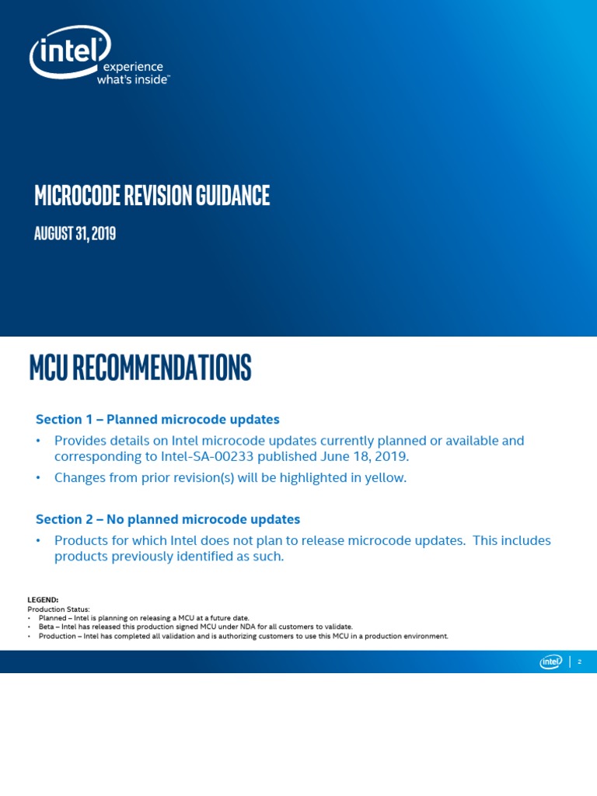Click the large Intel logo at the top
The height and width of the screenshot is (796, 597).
click(x=70, y=52)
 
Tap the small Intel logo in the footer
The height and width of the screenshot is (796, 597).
click(x=551, y=662)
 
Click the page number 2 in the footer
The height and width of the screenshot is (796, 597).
click(x=580, y=662)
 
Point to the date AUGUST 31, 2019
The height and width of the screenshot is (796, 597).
click(x=75, y=232)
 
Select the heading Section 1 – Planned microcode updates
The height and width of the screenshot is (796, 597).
click(x=157, y=419)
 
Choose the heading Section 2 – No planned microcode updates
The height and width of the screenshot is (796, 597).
click(x=167, y=518)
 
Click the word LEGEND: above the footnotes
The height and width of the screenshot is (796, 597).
click(x=43, y=600)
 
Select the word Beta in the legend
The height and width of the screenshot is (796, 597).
click(x=47, y=627)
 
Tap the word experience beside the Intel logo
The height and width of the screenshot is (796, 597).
click(x=129, y=67)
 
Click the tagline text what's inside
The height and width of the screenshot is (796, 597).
click(x=131, y=79)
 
